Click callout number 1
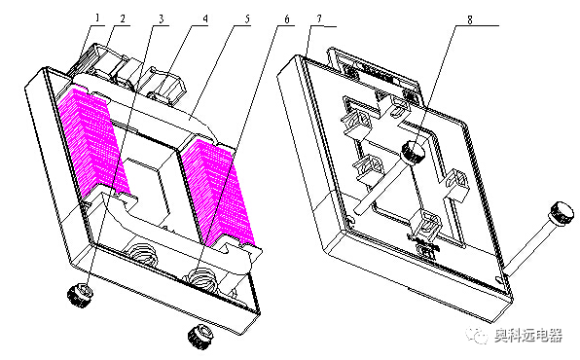(x=97, y=18)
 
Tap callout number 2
(x=123, y=18)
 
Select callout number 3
(x=162, y=18)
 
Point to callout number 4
(x=205, y=18)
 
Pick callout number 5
(x=247, y=18)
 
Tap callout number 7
(x=319, y=18)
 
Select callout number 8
(x=470, y=19)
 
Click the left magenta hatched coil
(x=92, y=141)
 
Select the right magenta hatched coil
(x=218, y=193)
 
